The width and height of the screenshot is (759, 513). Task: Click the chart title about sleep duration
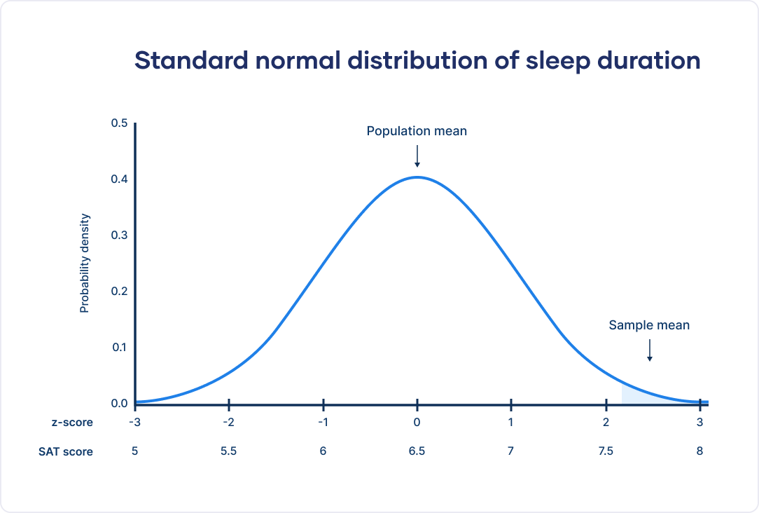[x=417, y=61]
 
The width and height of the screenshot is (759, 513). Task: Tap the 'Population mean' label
[x=417, y=131]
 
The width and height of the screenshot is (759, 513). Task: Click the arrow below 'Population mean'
[x=417, y=156]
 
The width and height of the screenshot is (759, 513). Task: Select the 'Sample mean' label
[x=649, y=325]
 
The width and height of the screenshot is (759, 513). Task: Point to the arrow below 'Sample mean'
[x=650, y=350]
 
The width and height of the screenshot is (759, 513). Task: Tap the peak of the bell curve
[x=417, y=177]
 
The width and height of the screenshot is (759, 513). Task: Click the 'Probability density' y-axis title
[x=85, y=264]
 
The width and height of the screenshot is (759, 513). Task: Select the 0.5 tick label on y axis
[x=119, y=123]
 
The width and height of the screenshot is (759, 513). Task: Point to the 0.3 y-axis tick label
[x=119, y=235]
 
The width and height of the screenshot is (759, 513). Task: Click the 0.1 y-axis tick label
[x=119, y=348]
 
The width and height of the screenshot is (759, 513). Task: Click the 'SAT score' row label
[x=66, y=452]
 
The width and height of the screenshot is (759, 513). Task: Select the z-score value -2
[x=228, y=422]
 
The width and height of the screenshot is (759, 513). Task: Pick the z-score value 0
[x=417, y=422]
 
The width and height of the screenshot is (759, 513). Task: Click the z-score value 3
[x=699, y=422]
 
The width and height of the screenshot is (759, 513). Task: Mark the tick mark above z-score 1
[x=511, y=404]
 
